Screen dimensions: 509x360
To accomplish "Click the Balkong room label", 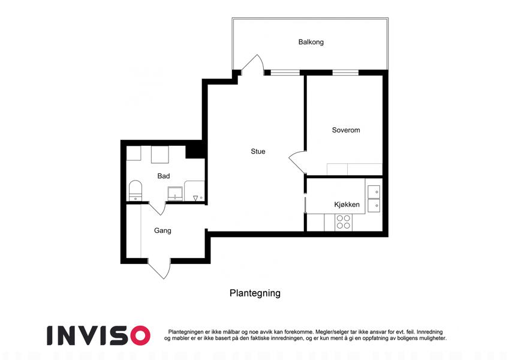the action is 311,42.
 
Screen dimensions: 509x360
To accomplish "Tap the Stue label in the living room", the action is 258,151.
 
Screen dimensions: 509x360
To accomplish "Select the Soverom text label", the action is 346,130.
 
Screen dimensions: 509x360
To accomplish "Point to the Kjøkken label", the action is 347,205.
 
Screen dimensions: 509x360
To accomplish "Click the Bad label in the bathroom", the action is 164,176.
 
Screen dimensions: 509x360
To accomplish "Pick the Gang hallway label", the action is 162,230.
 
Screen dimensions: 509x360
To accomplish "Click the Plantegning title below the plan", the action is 255,293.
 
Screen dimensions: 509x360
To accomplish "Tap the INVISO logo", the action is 98,335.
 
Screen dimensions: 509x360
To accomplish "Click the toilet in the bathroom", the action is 135,191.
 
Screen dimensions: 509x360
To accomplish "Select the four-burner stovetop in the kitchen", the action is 343,222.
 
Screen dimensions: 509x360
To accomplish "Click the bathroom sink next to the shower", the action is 175,194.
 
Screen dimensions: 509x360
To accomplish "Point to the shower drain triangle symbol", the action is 195,198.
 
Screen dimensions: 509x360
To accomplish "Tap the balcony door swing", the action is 252,64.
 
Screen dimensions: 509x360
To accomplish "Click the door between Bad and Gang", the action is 158,208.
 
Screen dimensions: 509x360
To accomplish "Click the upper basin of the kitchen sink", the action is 374,191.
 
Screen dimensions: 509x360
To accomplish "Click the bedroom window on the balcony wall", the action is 345,73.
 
